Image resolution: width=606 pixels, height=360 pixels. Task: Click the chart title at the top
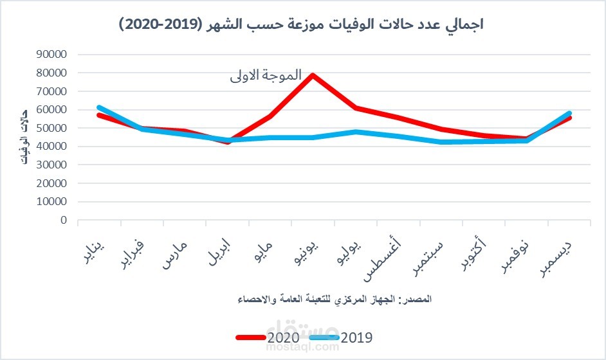(x=302, y=25)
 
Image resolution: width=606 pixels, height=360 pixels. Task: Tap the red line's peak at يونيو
(x=313, y=75)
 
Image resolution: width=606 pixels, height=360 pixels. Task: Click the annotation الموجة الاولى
(x=266, y=75)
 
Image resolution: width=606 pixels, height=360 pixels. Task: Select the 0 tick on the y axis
(x=63, y=220)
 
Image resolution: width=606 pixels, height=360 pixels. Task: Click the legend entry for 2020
(x=267, y=336)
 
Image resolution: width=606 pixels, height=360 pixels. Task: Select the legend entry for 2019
(x=341, y=336)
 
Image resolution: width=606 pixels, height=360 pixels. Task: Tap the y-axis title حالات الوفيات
(x=25, y=138)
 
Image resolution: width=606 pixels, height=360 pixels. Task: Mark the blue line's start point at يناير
(x=99, y=107)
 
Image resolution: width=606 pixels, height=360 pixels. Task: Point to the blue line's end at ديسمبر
(x=569, y=113)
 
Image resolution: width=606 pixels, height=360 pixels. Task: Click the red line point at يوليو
(x=355, y=108)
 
